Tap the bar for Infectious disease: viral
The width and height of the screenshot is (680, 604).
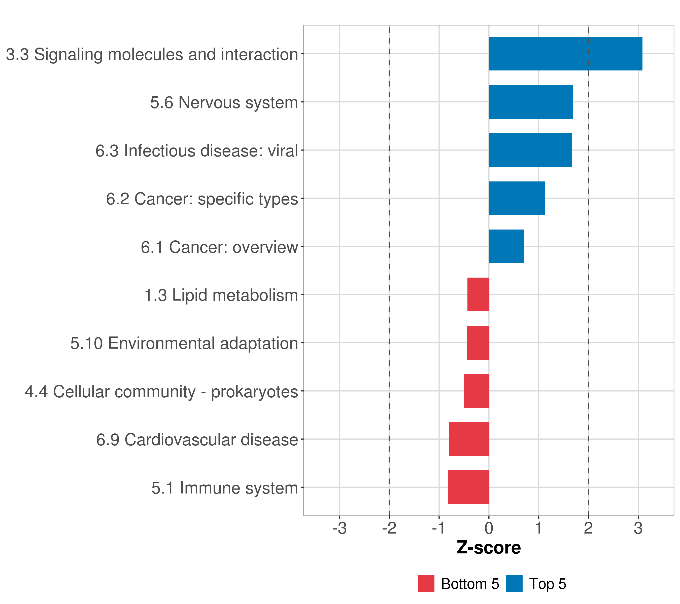(530, 150)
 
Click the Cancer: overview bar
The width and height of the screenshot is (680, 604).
(506, 246)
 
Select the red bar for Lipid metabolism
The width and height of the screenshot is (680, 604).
(478, 294)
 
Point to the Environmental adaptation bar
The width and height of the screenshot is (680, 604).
(478, 343)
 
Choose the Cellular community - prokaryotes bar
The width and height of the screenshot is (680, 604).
(476, 391)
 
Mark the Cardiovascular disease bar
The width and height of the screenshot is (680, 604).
(469, 439)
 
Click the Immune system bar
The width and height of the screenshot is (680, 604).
(468, 487)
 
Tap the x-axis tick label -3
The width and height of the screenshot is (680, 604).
(339, 528)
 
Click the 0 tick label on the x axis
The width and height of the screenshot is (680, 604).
(489, 528)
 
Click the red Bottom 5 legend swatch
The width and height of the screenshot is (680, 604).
(426, 583)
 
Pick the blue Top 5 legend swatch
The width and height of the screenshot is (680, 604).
(514, 583)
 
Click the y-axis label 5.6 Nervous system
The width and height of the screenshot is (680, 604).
(224, 102)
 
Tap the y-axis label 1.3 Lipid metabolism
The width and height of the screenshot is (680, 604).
(221, 295)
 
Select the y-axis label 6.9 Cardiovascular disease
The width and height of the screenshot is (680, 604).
(197, 440)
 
